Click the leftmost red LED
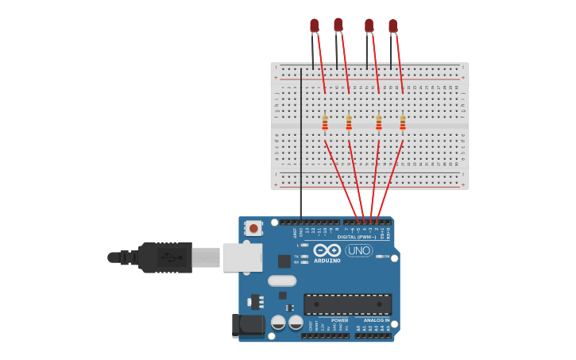[314, 26]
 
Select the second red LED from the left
[338, 25]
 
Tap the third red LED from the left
[369, 26]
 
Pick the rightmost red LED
[392, 26]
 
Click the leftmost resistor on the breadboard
[325, 122]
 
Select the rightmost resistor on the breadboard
[403, 122]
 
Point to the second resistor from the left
[349, 122]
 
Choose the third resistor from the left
[379, 122]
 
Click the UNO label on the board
[358, 250]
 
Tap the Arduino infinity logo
[327, 250]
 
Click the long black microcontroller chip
[347, 304]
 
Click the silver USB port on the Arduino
[242, 257]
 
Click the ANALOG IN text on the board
[377, 320]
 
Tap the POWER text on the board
[339, 320]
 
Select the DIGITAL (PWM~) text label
[355, 236]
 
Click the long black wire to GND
[300, 143]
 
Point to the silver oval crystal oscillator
[281, 281]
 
